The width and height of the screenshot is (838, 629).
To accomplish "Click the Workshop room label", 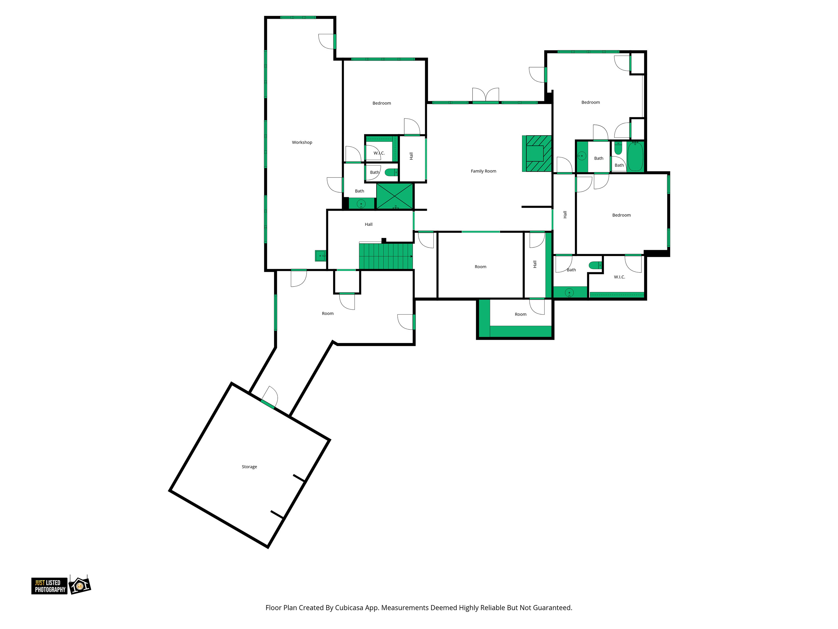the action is [x=302, y=143].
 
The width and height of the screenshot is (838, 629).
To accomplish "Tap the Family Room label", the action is [x=483, y=171].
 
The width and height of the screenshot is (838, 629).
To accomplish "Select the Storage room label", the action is [x=249, y=467].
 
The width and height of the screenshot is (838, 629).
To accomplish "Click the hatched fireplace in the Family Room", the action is [x=537, y=154].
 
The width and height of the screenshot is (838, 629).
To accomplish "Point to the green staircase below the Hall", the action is [x=386, y=257].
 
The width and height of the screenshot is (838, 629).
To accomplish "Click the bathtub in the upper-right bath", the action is [x=635, y=156].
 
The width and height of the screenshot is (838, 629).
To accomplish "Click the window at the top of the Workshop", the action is [x=298, y=17].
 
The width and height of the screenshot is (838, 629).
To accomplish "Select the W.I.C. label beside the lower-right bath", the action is [x=619, y=277].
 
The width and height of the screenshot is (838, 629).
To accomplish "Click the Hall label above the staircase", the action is [x=369, y=224].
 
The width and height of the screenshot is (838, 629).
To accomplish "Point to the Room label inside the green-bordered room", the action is [x=521, y=314].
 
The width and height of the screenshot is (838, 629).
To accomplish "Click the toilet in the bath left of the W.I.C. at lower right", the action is [x=595, y=265].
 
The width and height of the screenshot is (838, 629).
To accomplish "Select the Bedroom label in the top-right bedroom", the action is [x=591, y=102].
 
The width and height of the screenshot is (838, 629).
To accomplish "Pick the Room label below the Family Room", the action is [x=480, y=267].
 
